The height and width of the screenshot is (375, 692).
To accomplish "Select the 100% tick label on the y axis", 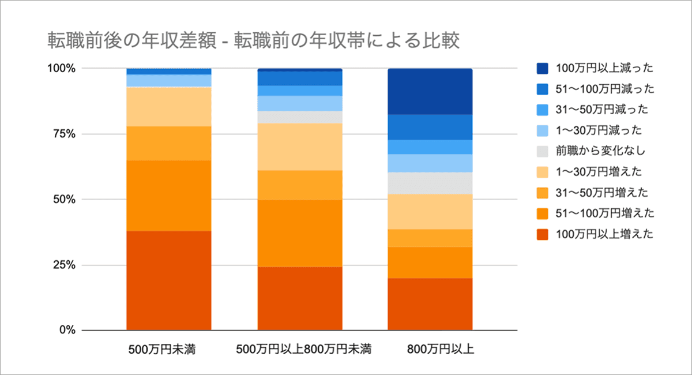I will click(x=61, y=69).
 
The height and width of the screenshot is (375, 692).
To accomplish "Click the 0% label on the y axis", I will click(x=66, y=331).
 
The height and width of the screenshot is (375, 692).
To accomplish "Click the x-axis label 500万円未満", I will click(x=168, y=350).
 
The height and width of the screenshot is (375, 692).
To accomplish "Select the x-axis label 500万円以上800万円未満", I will click(x=299, y=350).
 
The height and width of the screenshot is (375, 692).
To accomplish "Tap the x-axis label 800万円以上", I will click(x=430, y=350).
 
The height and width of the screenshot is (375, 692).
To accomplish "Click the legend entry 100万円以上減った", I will click(x=603, y=69).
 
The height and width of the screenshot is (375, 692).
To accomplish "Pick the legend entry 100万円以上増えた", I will click(x=603, y=234).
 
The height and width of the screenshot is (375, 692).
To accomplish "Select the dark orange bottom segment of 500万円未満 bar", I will click(x=168, y=280).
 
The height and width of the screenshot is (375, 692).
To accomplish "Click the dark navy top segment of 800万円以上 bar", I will click(x=430, y=91).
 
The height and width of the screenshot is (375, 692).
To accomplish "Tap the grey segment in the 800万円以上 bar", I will click(x=430, y=183).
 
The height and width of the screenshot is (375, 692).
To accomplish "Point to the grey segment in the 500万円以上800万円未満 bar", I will click(x=299, y=117).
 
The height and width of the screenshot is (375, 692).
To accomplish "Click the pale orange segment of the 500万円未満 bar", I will click(x=168, y=107).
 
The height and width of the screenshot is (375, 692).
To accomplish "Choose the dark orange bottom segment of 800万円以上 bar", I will click(x=430, y=304).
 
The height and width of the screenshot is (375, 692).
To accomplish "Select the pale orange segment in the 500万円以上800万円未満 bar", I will click(x=299, y=147).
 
